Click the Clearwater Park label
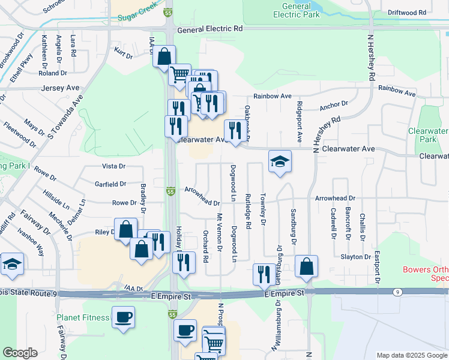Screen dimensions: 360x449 pyautogui.click(x=428, y=135)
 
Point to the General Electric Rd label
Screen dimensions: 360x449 pyautogui.click(x=210, y=28)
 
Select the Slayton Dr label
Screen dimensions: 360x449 pyautogui.click(x=356, y=257)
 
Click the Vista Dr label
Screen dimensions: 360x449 pyautogui.click(x=113, y=166)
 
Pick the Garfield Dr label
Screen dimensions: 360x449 pyautogui.click(x=110, y=184)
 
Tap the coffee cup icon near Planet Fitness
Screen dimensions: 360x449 pyautogui.click(x=123, y=317)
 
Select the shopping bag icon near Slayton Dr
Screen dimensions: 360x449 pyautogui.click(x=306, y=266)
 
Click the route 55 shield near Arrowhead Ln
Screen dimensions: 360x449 pyautogui.click(x=170, y=191)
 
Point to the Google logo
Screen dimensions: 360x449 pyautogui.click(x=20, y=353)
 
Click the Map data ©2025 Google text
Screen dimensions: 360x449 pyautogui.click(x=411, y=355)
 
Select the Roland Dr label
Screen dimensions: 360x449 pyautogui.click(x=52, y=74)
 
